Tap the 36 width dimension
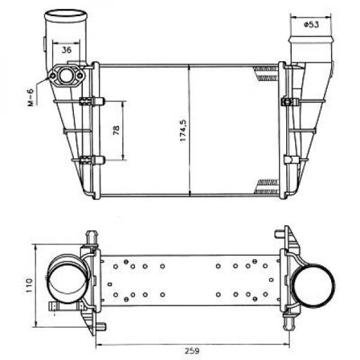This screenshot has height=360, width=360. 67,49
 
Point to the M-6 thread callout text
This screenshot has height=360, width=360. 30,93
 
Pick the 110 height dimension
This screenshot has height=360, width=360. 28,285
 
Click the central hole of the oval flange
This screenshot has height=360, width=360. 67,75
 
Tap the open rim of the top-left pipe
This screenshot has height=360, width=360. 65,13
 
